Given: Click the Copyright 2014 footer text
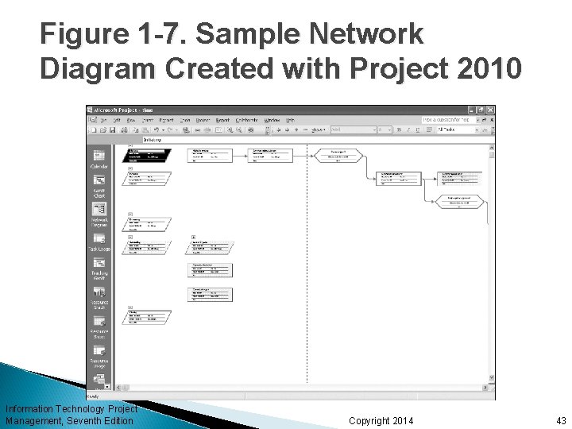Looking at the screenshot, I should click(381, 419).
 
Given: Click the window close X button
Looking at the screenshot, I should click(491, 109).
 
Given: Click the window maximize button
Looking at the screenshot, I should click(482, 109).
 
